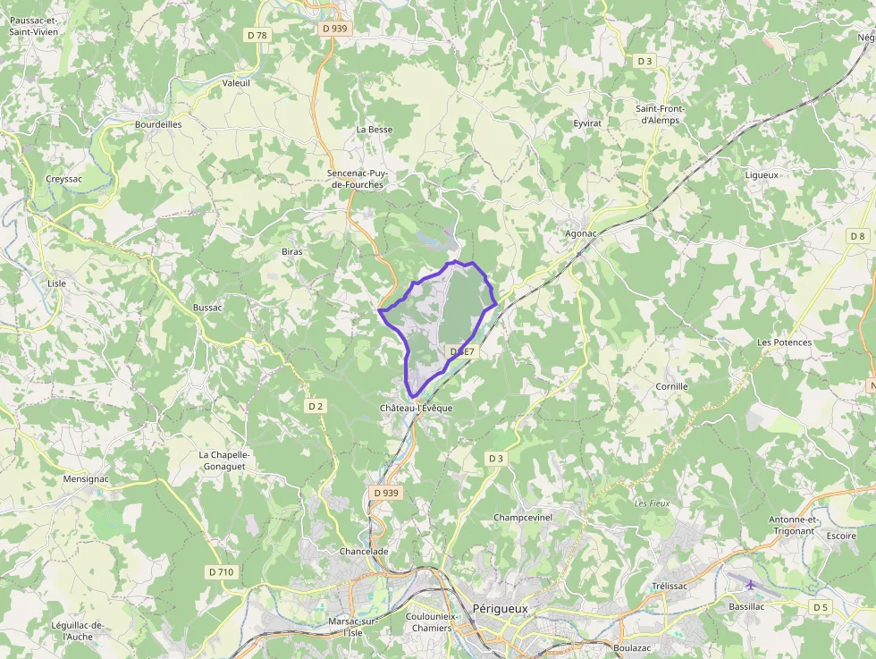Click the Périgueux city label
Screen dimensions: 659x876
(x=501, y=609)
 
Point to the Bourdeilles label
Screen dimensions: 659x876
(x=158, y=124)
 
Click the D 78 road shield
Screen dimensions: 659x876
(x=257, y=35)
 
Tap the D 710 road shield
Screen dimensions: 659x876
(x=221, y=571)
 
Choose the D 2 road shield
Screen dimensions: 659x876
(x=316, y=406)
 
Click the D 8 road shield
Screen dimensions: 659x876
(x=858, y=236)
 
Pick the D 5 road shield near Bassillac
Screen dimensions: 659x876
(x=821, y=607)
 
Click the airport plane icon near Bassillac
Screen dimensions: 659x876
(x=750, y=585)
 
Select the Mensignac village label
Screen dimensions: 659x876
(x=86, y=479)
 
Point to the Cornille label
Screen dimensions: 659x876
(x=671, y=386)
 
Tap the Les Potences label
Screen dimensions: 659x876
(x=784, y=342)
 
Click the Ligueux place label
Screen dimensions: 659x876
(x=762, y=175)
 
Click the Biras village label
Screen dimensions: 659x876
(x=292, y=252)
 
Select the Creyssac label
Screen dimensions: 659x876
(x=64, y=179)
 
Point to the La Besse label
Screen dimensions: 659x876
(x=375, y=130)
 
